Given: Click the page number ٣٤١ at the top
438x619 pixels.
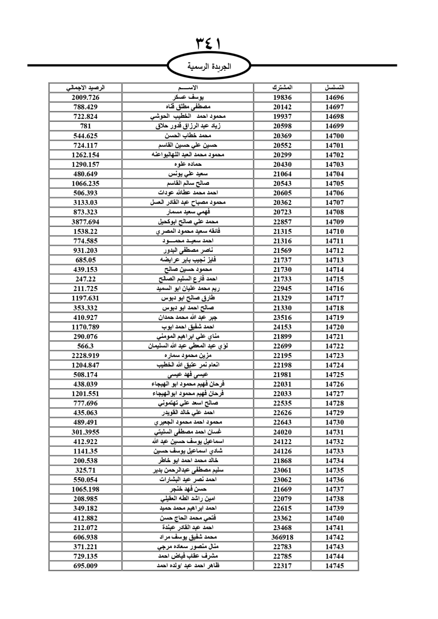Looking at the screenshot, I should (x=208, y=44).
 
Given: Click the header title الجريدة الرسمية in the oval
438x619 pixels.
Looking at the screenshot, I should (x=209, y=67).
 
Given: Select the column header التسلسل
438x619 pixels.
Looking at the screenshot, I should (x=335, y=88).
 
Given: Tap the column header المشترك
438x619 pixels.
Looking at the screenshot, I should (x=282, y=88).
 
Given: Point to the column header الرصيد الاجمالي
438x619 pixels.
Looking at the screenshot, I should (x=85, y=88).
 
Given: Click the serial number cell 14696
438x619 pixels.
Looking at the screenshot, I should (x=335, y=98).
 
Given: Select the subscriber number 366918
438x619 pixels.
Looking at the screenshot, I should (x=282, y=537).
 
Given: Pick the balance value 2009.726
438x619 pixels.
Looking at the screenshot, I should (x=85, y=98).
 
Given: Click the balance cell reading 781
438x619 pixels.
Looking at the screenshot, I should (x=85, y=126).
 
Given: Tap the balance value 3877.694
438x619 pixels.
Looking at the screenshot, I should (x=85, y=222).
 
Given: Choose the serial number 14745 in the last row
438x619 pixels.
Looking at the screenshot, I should (x=335, y=566).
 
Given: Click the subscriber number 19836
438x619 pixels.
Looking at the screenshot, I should (x=282, y=98).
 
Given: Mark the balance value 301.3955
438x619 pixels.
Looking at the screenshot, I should (x=85, y=432).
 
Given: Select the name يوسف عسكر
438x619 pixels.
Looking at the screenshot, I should (x=188, y=98).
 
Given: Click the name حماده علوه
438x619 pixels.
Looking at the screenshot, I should (x=188, y=165).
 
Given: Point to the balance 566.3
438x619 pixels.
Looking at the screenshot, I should (x=85, y=346).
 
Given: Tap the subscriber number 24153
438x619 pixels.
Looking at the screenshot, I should (x=282, y=327).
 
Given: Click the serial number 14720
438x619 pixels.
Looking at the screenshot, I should (x=335, y=327).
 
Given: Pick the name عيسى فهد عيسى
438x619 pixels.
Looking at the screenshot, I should (x=188, y=375).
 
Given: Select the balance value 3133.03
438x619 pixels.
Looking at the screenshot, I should (x=85, y=203).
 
